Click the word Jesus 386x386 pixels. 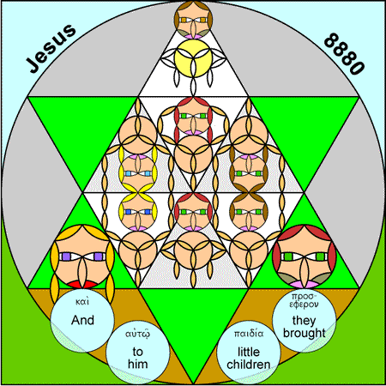click(x=51, y=48)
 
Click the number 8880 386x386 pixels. click(x=345, y=54)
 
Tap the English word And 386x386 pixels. click(x=82, y=320)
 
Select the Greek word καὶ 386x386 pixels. click(x=82, y=302)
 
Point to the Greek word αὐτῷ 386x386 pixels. click(x=137, y=334)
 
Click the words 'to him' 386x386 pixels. click(x=137, y=358)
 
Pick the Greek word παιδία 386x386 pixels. click(x=249, y=334)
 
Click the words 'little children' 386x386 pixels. click(x=249, y=358)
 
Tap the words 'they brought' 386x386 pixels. click(x=304, y=327)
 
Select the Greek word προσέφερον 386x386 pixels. click(x=304, y=300)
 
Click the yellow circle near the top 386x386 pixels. click(x=194, y=58)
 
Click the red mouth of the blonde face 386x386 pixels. click(x=82, y=284)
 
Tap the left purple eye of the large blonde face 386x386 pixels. click(x=66, y=256)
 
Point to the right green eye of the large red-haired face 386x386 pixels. click(x=320, y=256)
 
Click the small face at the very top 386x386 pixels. click(x=194, y=20)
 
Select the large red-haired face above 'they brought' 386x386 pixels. click(x=305, y=256)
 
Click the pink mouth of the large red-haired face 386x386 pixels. click(x=305, y=285)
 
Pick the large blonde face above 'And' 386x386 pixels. click(x=82, y=256)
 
